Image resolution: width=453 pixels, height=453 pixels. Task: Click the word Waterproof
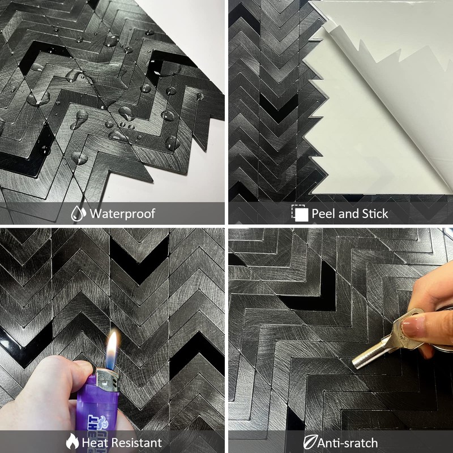122,213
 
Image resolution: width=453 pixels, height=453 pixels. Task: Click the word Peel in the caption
324,213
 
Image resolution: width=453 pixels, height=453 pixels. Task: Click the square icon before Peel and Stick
300,213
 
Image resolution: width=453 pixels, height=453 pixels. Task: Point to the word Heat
96,442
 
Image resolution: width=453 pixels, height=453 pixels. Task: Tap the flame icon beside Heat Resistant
72,442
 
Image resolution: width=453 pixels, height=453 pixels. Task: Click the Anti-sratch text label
348,442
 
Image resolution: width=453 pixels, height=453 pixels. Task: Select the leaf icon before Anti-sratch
310,442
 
